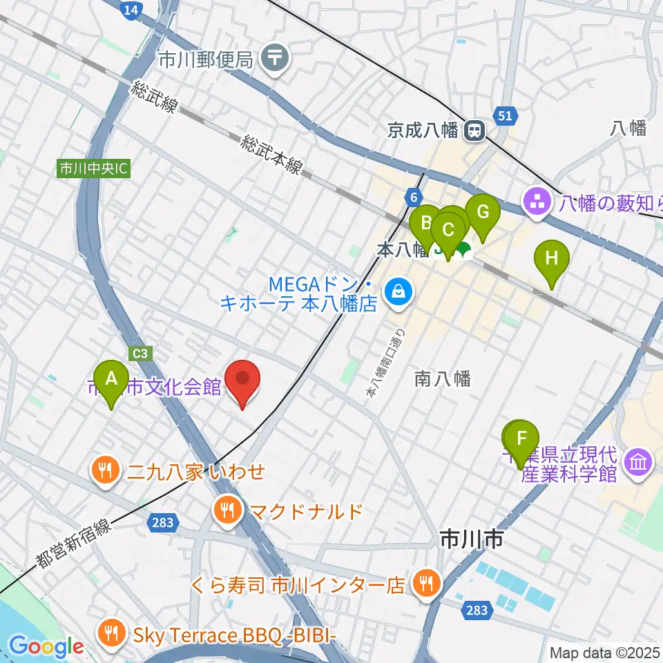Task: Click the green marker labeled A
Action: coord(110,378)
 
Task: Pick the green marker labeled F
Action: coord(522,438)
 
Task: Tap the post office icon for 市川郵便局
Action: coord(276,58)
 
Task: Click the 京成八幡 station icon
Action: coord(474,130)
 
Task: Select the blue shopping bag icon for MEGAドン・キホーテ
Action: coord(398,293)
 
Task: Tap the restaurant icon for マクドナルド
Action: coord(227,511)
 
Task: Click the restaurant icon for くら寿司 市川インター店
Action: coord(423,585)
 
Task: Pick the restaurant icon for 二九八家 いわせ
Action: coord(105,472)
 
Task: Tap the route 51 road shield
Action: coord(505,116)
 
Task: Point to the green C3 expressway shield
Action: coord(140,353)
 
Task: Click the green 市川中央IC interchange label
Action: coord(93,169)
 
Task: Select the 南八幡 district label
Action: coord(443,378)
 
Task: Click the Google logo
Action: coord(46,647)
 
